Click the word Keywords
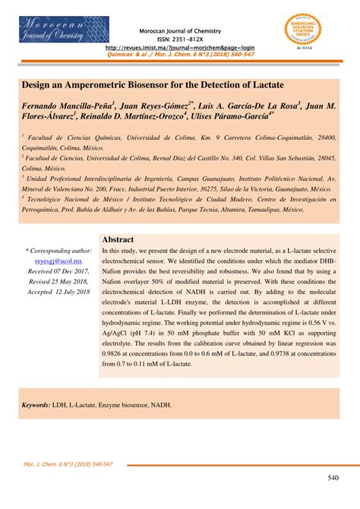point(35,405)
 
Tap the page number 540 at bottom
point(333,478)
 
